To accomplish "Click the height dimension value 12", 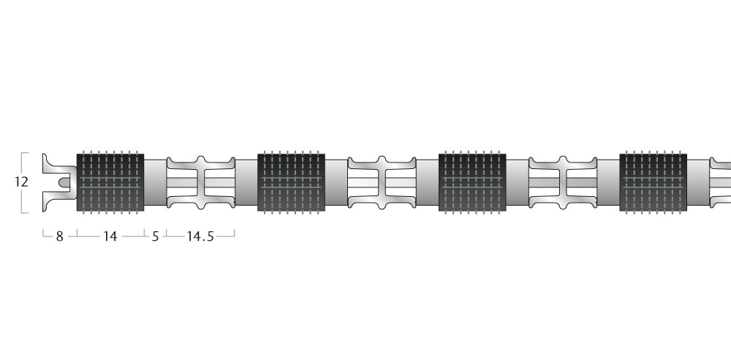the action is click(21, 182).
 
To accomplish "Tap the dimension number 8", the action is click(59, 236).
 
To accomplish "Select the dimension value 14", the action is click(110, 236).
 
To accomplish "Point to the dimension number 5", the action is click(155, 236).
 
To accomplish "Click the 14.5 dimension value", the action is click(200, 236).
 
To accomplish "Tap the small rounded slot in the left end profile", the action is click(64, 181).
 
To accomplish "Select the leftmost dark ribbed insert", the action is click(110, 182).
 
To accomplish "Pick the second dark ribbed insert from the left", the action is click(291, 182).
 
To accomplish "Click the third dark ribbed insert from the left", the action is click(472, 182).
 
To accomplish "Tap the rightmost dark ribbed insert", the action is click(653, 182).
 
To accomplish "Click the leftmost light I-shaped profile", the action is click(201, 182).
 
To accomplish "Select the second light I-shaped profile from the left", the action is click(382, 182).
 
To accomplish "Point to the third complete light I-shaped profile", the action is click(563, 182).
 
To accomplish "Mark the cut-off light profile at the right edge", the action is click(721, 182).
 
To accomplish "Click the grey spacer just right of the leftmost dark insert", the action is click(155, 182).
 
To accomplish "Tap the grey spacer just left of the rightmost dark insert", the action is click(608, 182).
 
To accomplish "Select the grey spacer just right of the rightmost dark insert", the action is click(698, 182).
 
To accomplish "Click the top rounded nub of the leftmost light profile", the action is click(201, 160).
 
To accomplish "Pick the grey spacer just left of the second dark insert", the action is click(246, 182).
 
